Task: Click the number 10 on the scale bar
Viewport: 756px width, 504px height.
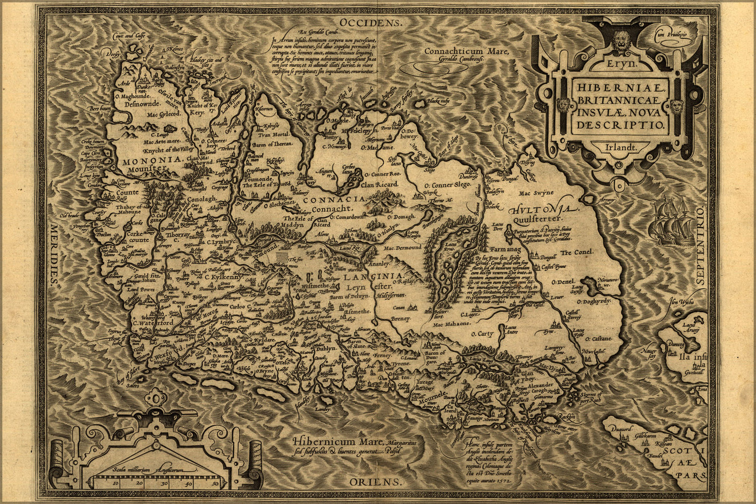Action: (x=115, y=483)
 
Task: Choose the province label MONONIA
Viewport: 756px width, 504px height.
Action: (x=151, y=159)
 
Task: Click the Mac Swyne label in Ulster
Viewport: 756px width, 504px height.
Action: (x=539, y=192)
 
